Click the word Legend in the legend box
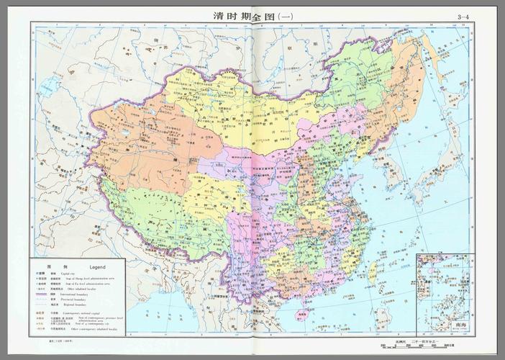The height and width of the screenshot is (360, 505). click(97, 266)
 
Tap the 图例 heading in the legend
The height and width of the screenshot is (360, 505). click(51, 266)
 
